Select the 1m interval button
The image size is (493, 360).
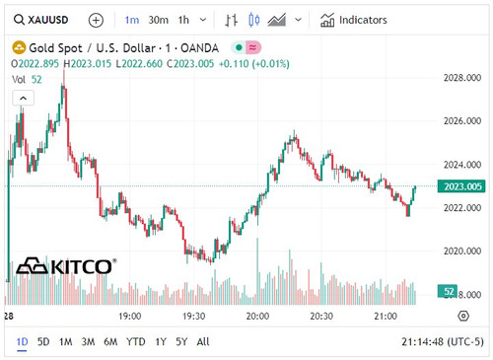tap(132, 20)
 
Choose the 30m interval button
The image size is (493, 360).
tap(158, 20)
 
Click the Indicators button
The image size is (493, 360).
tap(353, 20)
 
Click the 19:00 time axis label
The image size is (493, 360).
tap(130, 316)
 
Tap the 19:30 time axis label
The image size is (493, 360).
tap(194, 316)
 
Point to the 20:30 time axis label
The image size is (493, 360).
tap(321, 316)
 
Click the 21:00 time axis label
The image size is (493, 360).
tap(386, 316)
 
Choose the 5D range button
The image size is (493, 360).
tap(43, 342)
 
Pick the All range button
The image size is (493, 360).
tap(203, 342)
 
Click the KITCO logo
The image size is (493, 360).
tap(67, 266)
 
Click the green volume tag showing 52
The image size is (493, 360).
tap(449, 292)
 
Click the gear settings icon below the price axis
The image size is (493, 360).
tap(462, 316)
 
